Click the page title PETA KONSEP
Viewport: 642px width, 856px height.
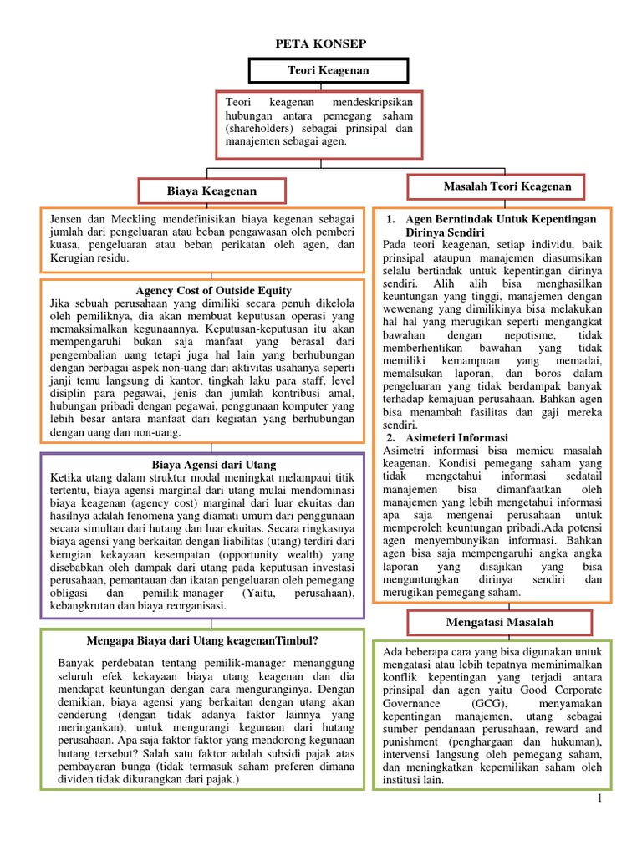click(321, 43)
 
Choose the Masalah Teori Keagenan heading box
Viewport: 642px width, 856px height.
click(496, 186)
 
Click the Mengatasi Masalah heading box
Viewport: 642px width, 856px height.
click(499, 623)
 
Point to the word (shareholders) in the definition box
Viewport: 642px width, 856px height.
click(260, 129)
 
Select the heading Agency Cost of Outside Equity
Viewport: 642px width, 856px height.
click(201, 290)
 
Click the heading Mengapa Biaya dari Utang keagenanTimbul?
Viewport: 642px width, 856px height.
click(202, 641)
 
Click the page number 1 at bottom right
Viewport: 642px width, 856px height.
click(600, 800)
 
